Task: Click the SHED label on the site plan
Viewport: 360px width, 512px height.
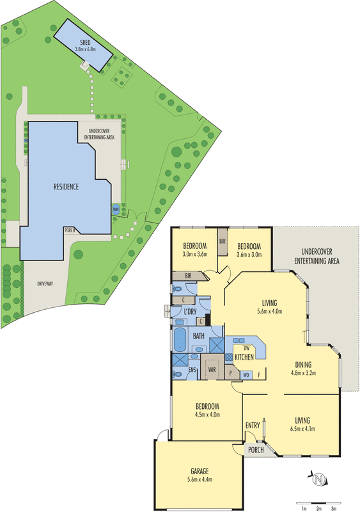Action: coord(84,42)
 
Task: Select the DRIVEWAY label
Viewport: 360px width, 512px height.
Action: coord(45,282)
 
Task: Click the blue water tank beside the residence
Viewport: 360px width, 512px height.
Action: coord(116,209)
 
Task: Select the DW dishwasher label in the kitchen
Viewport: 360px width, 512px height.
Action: coord(246,348)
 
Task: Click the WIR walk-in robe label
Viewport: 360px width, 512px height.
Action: coord(211,369)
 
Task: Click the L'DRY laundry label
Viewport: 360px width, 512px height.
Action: coord(190,311)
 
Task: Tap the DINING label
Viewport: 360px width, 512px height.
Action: coord(304,365)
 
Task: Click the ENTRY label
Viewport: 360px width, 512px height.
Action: coord(253,425)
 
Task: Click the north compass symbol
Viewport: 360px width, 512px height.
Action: coord(318,477)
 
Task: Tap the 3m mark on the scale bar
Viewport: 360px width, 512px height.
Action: coord(333,508)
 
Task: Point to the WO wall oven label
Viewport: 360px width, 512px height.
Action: coord(246,375)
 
